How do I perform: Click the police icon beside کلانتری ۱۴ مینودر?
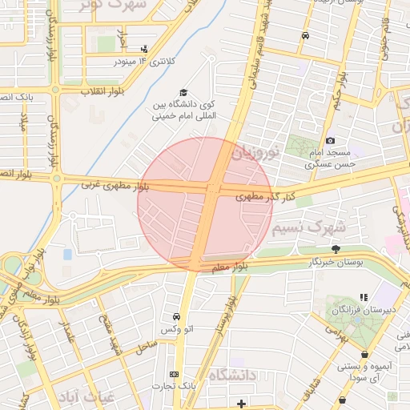(x=144, y=48)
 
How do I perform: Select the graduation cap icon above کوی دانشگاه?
(x=183, y=93)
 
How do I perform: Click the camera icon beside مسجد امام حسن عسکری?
(x=330, y=141)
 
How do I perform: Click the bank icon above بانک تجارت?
(x=174, y=374)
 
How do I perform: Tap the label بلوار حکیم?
(x=341, y=93)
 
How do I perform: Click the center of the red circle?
(x=205, y=204)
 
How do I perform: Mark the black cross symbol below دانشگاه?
(x=241, y=402)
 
